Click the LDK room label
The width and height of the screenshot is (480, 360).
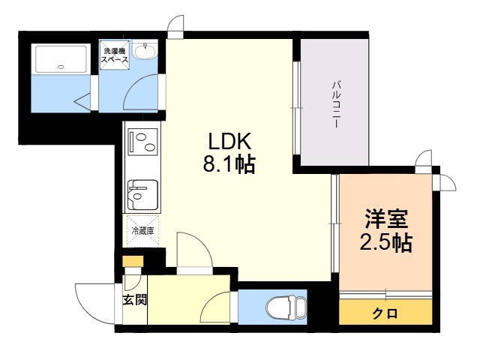pyautogui.click(x=229, y=142)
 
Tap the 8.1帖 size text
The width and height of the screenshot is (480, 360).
pyautogui.click(x=229, y=164)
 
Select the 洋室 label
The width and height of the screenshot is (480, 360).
pyautogui.click(x=386, y=219)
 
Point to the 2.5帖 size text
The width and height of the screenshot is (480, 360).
pyautogui.click(x=385, y=242)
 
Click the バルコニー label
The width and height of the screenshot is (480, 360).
pyautogui.click(x=336, y=104)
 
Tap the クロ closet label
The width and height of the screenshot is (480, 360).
pyautogui.click(x=385, y=313)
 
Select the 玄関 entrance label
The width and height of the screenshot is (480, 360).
pyautogui.click(x=135, y=300)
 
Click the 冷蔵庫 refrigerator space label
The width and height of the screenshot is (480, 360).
pyautogui.click(x=142, y=230)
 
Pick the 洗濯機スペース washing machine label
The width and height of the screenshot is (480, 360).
pyautogui.click(x=115, y=55)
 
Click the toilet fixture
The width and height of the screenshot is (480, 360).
pyautogui.click(x=286, y=307)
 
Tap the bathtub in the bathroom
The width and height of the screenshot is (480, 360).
pyautogui.click(x=61, y=58)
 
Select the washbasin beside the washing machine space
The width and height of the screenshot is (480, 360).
pyautogui.click(x=145, y=50)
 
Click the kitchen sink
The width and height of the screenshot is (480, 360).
pyautogui.click(x=142, y=195)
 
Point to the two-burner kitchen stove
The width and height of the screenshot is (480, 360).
pyautogui.click(x=143, y=141)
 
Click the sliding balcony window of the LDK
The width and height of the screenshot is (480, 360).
pyautogui.click(x=296, y=108)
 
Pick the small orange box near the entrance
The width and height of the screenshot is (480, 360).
pyautogui.click(x=133, y=261)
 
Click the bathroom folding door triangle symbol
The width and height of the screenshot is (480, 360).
pyautogui.click(x=82, y=101)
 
